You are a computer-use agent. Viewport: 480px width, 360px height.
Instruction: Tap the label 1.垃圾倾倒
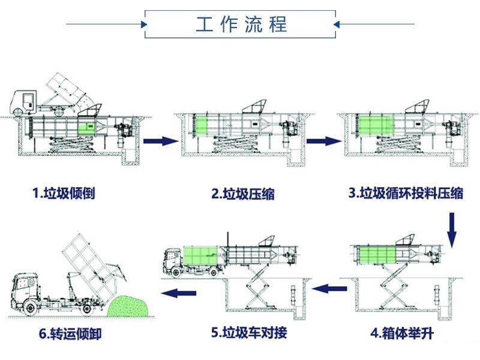pos(64,193)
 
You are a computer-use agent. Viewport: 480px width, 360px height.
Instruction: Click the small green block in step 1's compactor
pos(87,127)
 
